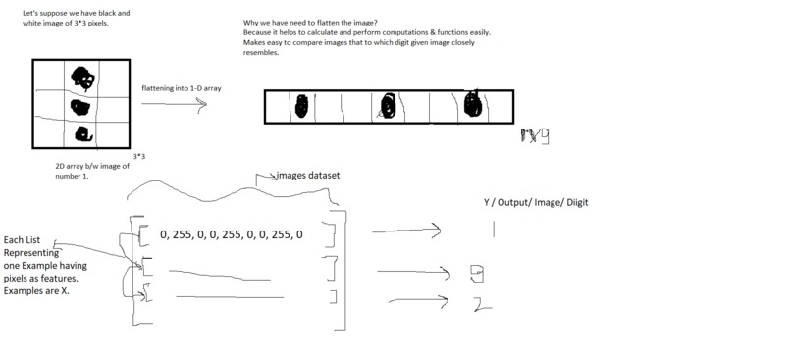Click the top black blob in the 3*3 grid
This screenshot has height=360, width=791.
(x=80, y=77)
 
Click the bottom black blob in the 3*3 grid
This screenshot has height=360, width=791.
(x=83, y=132)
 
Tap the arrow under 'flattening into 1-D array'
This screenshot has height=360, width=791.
(x=175, y=104)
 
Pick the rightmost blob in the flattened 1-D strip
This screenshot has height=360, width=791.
(x=472, y=103)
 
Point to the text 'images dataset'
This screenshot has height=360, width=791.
(x=307, y=176)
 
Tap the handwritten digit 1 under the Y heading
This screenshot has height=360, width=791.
(x=494, y=230)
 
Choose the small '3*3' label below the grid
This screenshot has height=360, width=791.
(x=138, y=156)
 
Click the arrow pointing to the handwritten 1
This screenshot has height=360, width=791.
(x=406, y=232)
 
